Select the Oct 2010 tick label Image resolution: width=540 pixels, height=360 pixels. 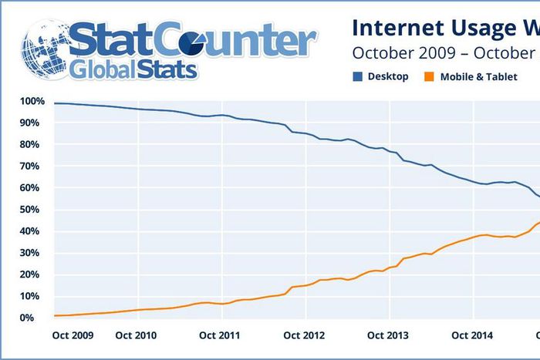pos(137,335)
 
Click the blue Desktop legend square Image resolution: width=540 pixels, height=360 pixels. pos(357,77)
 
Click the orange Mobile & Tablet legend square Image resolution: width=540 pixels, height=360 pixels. pos(429,77)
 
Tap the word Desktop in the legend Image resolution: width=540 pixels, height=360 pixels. pos(388,77)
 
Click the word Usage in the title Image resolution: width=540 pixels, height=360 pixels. pos(471,29)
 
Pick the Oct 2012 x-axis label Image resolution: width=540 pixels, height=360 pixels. pos(304,335)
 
